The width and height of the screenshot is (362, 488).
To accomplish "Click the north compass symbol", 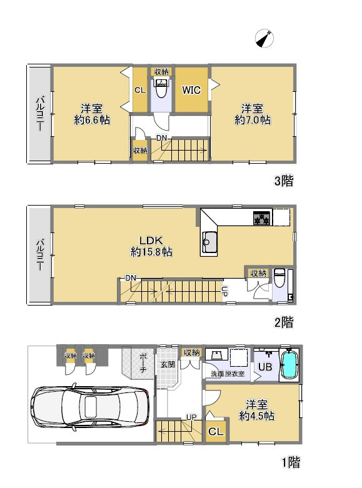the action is (264, 39).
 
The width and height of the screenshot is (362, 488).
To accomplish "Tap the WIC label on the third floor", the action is (191, 90).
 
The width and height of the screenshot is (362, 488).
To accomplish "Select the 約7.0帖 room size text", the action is (253, 120).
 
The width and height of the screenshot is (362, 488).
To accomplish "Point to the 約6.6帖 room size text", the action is (92, 120).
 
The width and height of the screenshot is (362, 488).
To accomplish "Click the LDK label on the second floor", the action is (151, 241).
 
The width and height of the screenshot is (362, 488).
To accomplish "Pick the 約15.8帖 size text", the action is (151, 251).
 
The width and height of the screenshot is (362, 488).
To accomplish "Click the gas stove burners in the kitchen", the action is (262, 218).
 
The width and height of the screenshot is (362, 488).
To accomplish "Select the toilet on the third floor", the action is (161, 88).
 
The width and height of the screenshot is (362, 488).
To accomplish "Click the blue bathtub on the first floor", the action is (289, 365).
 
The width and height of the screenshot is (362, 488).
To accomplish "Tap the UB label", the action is (265, 367).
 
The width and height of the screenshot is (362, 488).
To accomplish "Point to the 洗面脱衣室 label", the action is (228, 374).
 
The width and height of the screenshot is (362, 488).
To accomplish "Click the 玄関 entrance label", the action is (168, 364).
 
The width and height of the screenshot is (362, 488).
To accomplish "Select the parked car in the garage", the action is (90, 406).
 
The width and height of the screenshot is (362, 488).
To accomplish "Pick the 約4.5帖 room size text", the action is (257, 416).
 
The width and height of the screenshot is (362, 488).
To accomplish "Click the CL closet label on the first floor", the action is (216, 432).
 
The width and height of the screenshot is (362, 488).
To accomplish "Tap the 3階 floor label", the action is (284, 181).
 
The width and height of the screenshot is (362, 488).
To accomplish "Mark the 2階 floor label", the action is (284, 322).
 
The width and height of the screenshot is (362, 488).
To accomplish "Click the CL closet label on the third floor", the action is (140, 90).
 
